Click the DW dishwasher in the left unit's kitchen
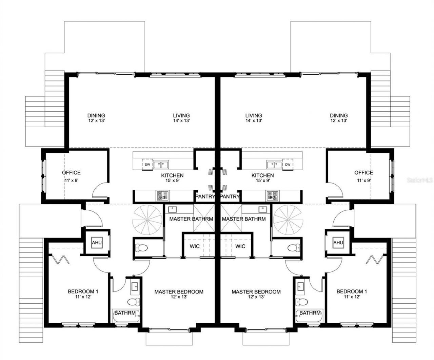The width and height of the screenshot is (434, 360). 147,165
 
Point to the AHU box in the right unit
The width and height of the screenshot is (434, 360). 338,243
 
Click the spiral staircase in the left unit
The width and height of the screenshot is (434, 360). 147,220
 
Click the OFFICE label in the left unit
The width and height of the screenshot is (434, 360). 71,173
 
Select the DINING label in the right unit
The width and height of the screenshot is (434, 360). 339,115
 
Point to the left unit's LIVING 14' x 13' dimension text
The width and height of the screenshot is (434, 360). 181,120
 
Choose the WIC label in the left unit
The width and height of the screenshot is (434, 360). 195,246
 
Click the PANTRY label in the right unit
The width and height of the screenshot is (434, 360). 230,196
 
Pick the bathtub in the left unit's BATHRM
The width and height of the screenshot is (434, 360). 125,318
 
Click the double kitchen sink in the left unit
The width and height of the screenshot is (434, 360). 162,165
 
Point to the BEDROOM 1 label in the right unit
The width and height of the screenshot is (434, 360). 352,291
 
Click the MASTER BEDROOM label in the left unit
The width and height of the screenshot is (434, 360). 179,292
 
